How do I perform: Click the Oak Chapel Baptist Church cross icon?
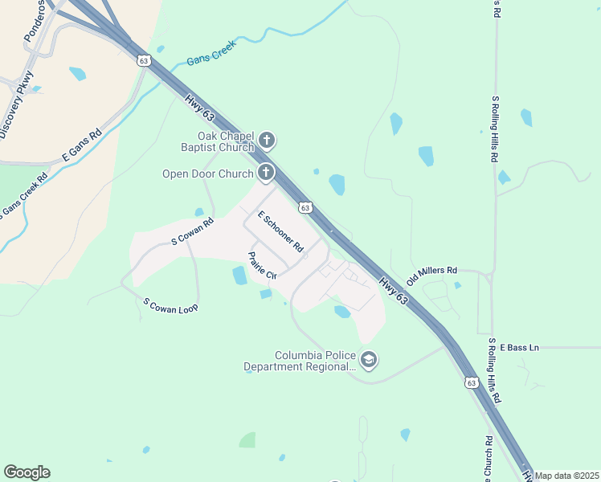click(267, 141)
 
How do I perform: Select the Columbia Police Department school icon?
click(369, 360)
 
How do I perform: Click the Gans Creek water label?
click(208, 56)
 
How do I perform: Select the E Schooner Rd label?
click(280, 230)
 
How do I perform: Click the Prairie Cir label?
click(262, 264)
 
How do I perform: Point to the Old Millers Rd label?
click(431, 276)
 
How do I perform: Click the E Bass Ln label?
click(519, 347)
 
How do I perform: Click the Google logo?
click(27, 472)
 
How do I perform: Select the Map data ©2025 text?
click(566, 476)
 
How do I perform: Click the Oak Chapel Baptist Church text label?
click(209, 141)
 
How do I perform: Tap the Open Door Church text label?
click(208, 174)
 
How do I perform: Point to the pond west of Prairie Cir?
click(239, 276)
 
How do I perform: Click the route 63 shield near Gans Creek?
click(144, 60)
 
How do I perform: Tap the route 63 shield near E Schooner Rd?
click(305, 207)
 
